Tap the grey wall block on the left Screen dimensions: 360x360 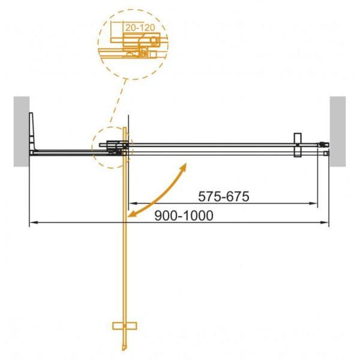coord(22,131)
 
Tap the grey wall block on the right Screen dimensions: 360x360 coord(338,131)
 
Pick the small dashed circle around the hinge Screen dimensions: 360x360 coord(112,147)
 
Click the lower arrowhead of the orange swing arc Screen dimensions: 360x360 coord(132,214)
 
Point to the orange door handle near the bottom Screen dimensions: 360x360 coord(124,326)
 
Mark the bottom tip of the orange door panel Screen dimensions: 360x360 coord(125,351)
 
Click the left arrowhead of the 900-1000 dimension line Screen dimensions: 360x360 coord(32,223)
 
